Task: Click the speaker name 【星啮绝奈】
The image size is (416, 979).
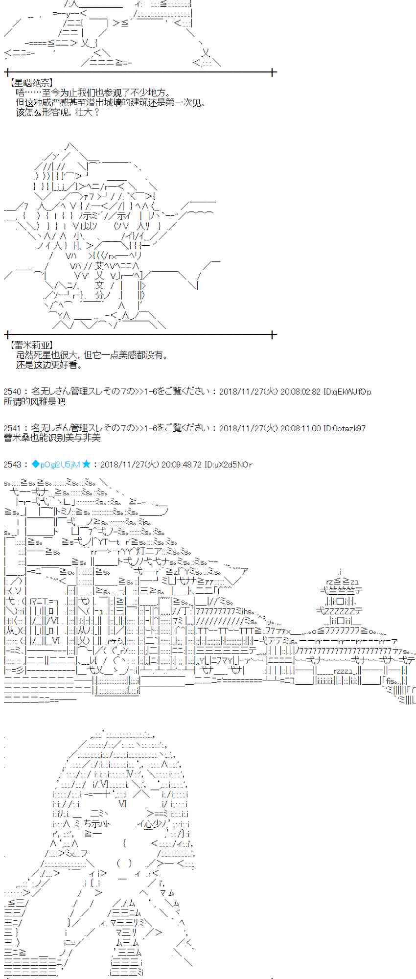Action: click(x=31, y=84)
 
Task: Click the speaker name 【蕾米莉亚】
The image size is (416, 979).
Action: click(x=31, y=346)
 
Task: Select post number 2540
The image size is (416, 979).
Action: click(x=12, y=392)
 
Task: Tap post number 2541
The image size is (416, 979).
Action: click(x=12, y=428)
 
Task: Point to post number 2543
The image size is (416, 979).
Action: click(x=12, y=465)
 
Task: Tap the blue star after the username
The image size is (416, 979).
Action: click(x=87, y=465)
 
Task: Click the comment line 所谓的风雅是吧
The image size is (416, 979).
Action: click(x=34, y=402)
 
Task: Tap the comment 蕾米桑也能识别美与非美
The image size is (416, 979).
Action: click(x=52, y=438)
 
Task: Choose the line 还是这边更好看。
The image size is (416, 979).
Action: click(x=49, y=365)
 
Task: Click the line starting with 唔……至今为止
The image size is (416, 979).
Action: click(x=93, y=93)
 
